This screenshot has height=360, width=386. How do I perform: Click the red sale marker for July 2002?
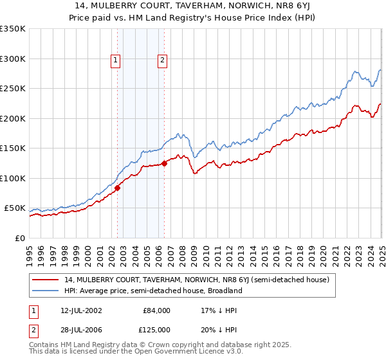pyautogui.click(x=118, y=188)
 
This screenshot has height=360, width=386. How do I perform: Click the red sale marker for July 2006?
pyautogui.click(x=165, y=163)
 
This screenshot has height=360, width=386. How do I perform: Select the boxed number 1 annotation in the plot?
pyautogui.click(x=115, y=61)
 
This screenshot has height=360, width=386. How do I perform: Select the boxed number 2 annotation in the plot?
pyautogui.click(x=161, y=61)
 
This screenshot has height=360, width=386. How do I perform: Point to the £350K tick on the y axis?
pyautogui.click(x=13, y=29)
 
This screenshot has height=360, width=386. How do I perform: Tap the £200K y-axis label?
pyautogui.click(x=13, y=118)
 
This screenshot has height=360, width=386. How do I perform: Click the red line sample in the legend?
pyautogui.click(x=46, y=280)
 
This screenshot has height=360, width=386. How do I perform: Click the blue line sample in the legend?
pyautogui.click(x=46, y=291)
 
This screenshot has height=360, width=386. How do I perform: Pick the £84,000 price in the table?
pyautogui.click(x=156, y=310)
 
